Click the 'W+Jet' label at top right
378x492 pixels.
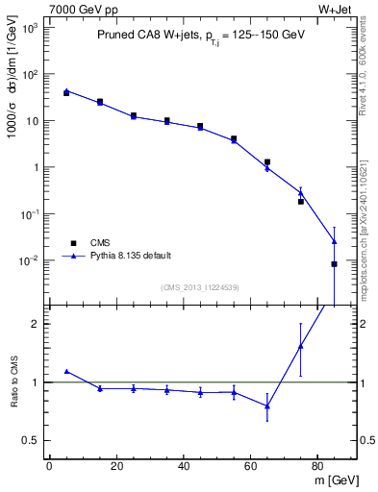coord(337,11)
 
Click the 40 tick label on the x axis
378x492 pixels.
coord(183,466)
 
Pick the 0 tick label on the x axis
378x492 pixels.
coord(49,466)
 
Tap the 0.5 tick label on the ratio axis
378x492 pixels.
coord(30,440)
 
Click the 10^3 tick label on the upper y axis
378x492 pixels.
coord(28,28)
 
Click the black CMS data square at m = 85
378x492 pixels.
coord(335,263)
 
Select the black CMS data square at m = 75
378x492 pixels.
coord(301,202)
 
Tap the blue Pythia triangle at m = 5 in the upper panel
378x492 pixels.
coord(65,90)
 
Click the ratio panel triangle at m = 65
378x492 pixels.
coord(267,406)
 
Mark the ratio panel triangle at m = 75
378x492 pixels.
coord(301,346)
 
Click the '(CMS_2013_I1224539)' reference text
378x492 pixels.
coord(199,287)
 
